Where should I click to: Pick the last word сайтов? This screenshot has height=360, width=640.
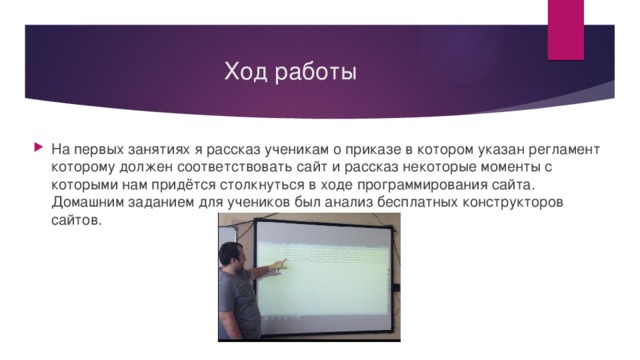coord(75,221)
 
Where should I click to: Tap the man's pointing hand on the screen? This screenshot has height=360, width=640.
coord(280,264)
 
